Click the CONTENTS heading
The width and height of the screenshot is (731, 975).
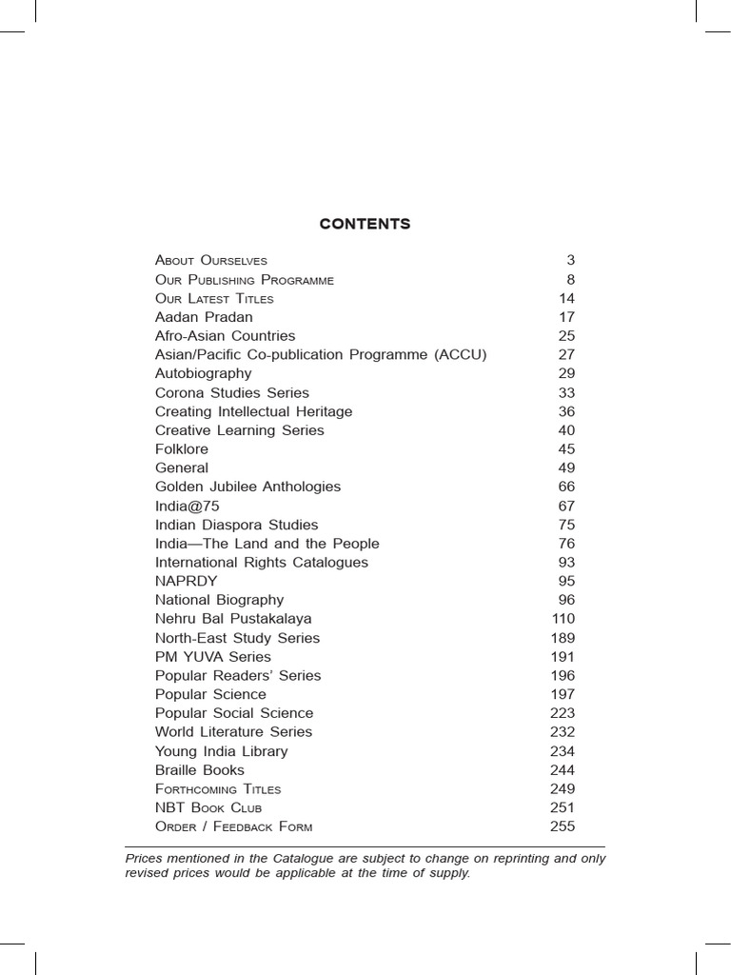click(365, 225)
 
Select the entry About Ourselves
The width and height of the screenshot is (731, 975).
click(211, 260)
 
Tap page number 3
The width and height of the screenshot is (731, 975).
click(570, 260)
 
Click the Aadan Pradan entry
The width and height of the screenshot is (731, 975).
click(204, 317)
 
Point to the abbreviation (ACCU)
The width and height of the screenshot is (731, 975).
click(460, 355)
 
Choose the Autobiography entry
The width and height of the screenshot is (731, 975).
click(203, 373)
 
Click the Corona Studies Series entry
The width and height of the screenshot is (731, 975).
click(231, 392)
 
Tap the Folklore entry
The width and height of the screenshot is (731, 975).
click(181, 448)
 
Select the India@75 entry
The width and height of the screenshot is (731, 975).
click(187, 506)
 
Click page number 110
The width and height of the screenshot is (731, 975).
click(563, 619)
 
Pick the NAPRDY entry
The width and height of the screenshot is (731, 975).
click(186, 581)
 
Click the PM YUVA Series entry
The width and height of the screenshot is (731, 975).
click(212, 656)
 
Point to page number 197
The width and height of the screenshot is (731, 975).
click(563, 694)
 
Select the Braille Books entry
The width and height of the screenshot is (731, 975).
click(199, 769)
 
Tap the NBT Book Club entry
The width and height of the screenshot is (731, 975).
click(207, 807)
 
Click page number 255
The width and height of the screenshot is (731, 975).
click(563, 826)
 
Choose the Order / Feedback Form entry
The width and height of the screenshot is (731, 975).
click(233, 826)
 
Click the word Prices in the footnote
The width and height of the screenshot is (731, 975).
click(145, 859)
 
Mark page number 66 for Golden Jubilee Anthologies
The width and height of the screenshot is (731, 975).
click(566, 487)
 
